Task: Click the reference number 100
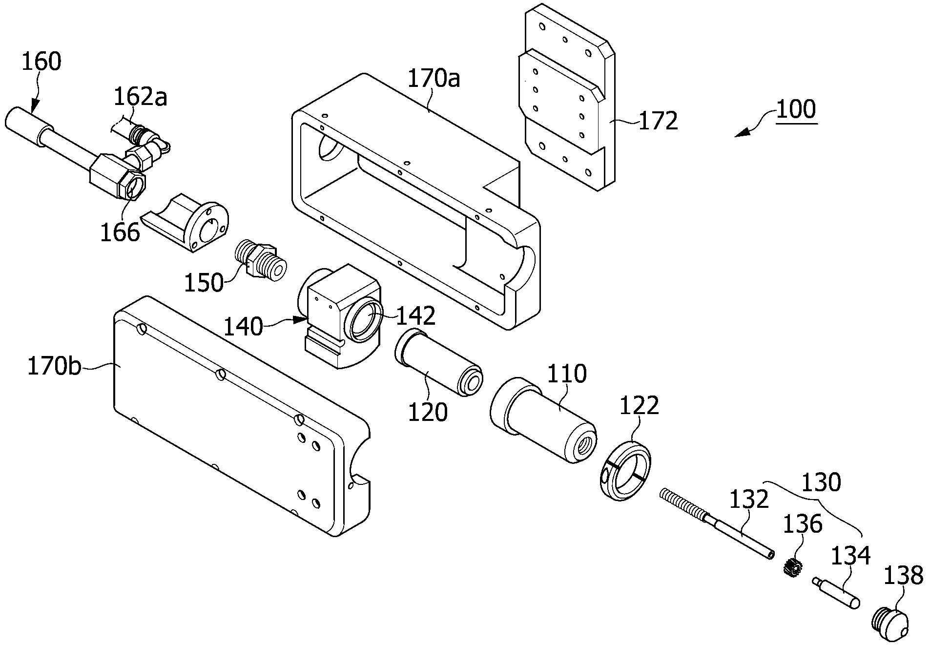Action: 796,109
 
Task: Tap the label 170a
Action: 434,78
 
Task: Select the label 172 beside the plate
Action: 658,121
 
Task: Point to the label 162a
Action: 140,97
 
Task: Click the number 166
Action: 120,232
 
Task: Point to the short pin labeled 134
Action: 836,593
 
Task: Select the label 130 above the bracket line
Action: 822,482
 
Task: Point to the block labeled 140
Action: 342,317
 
